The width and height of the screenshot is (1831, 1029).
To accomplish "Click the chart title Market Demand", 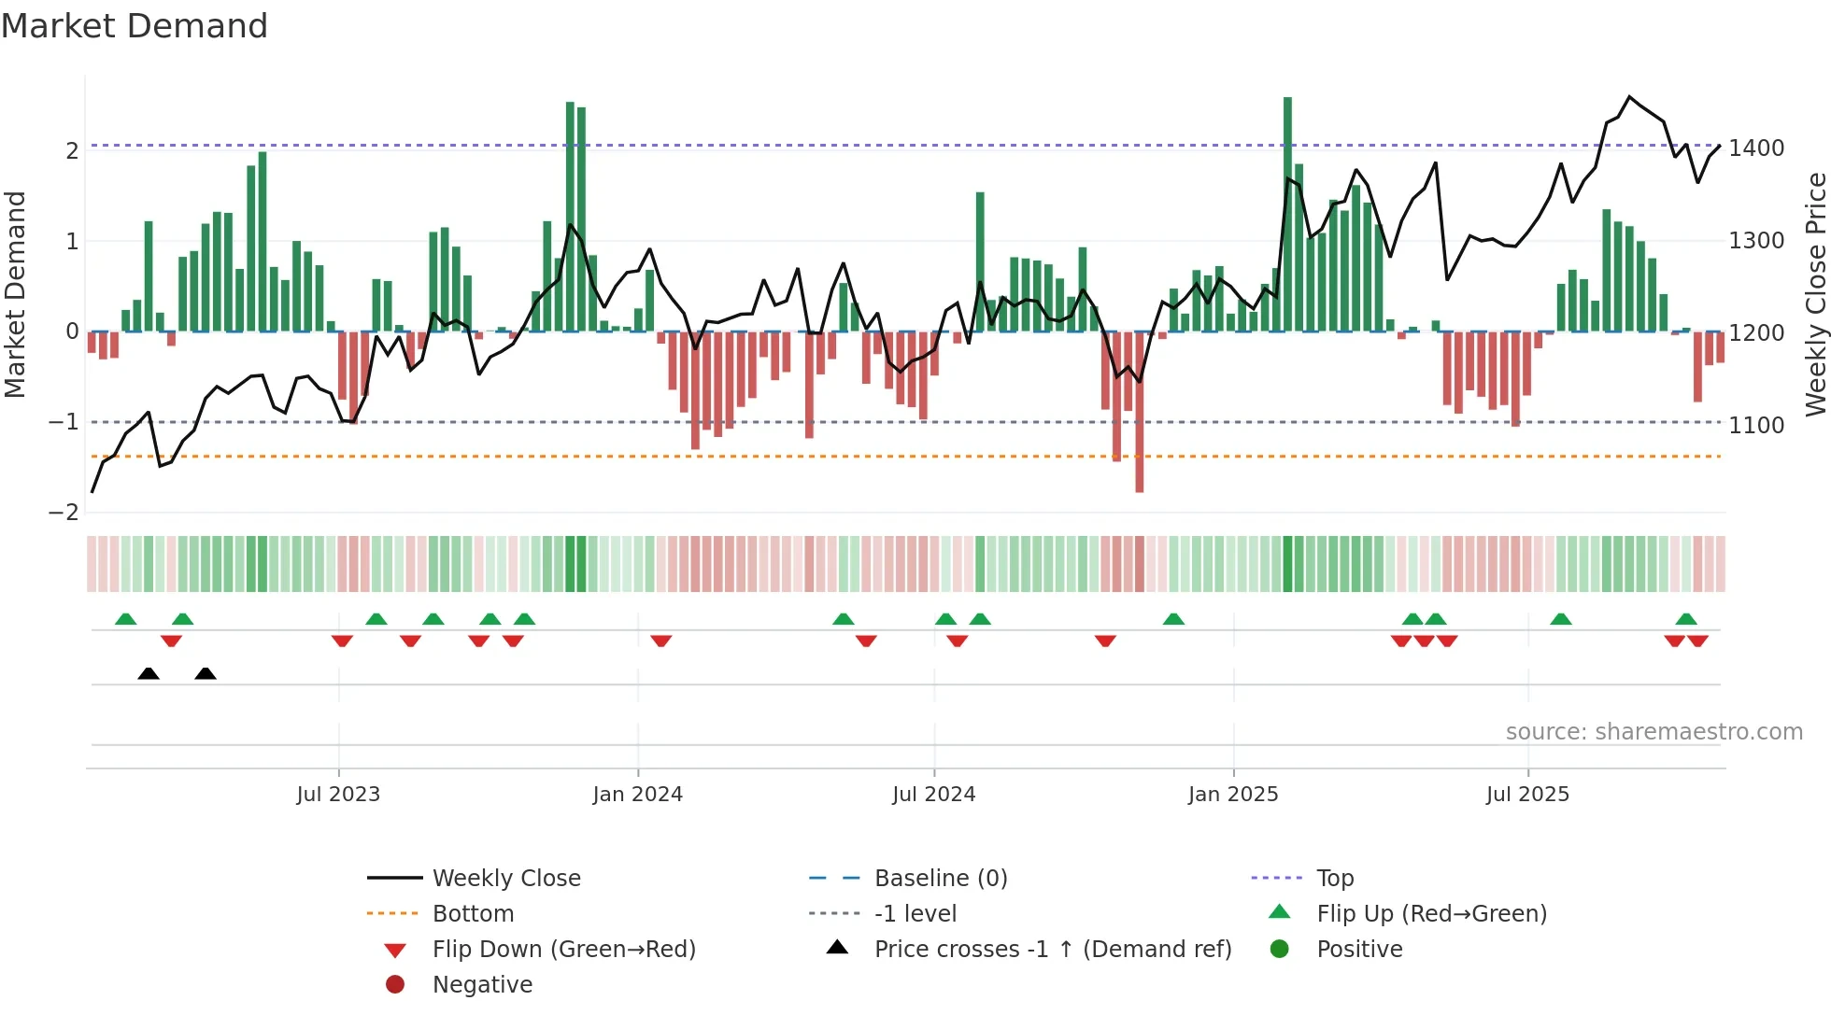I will click(x=135, y=26).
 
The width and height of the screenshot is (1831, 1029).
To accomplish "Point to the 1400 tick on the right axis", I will click(x=1755, y=148).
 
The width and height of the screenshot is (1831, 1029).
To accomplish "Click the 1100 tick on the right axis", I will click(x=1755, y=426).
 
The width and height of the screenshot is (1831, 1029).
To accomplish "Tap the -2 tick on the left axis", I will click(x=64, y=512).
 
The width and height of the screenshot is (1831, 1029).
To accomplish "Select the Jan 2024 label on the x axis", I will click(x=637, y=795).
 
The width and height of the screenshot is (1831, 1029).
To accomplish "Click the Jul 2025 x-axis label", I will click(x=1527, y=795).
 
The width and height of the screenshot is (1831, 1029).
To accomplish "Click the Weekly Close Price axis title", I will click(x=1815, y=294).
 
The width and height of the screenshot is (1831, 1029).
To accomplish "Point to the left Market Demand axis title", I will click(x=16, y=294).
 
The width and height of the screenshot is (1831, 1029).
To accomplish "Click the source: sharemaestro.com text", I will click(x=1654, y=732).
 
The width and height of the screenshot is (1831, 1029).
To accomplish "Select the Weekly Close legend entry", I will click(x=505, y=879).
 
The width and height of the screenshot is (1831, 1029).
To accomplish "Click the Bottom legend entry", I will click(x=473, y=914).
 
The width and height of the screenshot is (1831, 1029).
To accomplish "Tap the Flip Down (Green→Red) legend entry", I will click(x=563, y=950).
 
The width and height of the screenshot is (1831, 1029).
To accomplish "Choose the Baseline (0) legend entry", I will click(x=940, y=879).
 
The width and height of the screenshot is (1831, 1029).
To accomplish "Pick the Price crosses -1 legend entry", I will click(x=1052, y=950).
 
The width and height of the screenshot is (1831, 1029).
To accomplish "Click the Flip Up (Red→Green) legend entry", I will click(x=1431, y=914).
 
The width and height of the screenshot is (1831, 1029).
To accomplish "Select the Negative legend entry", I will click(x=482, y=985).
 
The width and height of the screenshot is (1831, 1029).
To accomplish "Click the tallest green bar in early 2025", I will click(x=1287, y=215).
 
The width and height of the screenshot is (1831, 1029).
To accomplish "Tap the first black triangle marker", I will click(x=149, y=673).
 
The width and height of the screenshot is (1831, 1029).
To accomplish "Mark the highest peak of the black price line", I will click(x=1629, y=97).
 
